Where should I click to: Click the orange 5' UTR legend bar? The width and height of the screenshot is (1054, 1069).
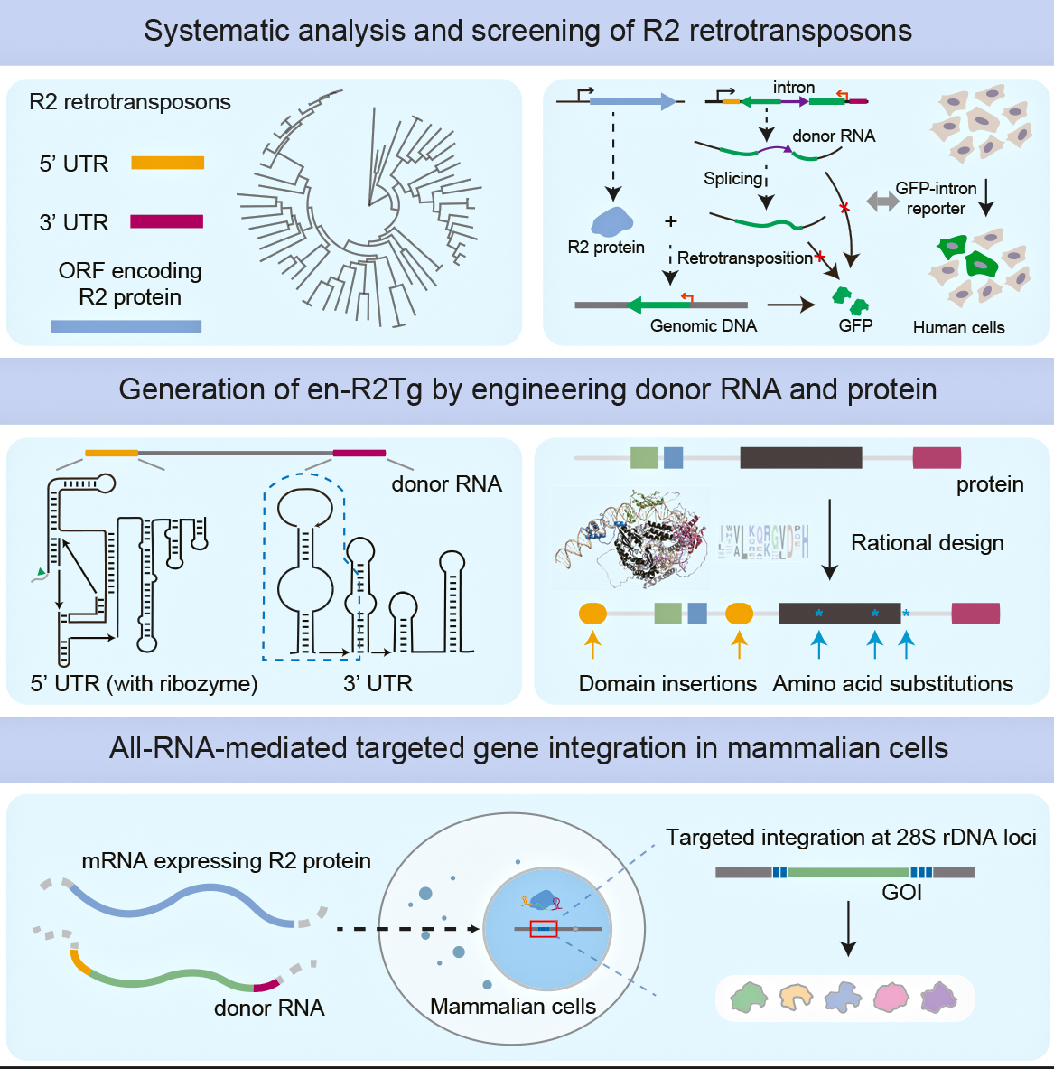tap(167, 163)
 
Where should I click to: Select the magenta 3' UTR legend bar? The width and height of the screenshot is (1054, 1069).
tap(167, 221)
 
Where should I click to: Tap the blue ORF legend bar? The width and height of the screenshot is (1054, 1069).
tap(126, 326)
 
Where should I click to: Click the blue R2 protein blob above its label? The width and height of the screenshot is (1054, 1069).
tap(611, 221)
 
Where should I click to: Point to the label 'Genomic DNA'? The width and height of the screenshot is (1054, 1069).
tap(704, 326)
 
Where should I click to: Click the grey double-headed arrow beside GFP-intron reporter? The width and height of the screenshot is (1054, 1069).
tap(881, 201)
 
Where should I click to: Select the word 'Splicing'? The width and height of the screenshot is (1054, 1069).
tap(733, 179)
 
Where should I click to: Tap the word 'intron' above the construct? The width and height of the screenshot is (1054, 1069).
tap(794, 88)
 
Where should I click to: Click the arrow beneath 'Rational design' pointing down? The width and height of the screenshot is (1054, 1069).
tap(830, 552)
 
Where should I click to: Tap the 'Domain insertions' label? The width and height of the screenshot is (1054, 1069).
tap(667, 684)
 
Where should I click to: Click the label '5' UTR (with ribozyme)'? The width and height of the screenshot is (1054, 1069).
tap(145, 684)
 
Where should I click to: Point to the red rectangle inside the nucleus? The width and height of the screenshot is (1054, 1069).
tap(544, 928)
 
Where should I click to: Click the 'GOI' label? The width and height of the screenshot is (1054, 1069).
tap(901, 893)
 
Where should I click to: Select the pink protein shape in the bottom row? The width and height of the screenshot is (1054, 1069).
tap(891, 997)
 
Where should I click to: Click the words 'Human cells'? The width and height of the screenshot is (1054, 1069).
tap(958, 328)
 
